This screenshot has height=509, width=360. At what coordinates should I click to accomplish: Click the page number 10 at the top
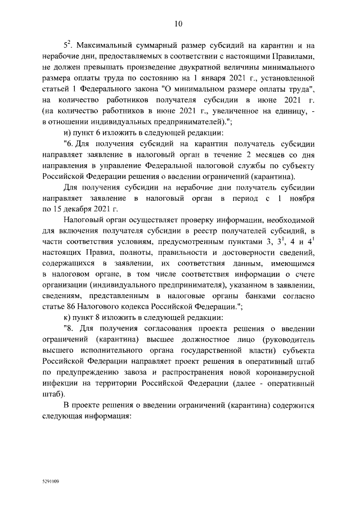click(179, 24)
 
